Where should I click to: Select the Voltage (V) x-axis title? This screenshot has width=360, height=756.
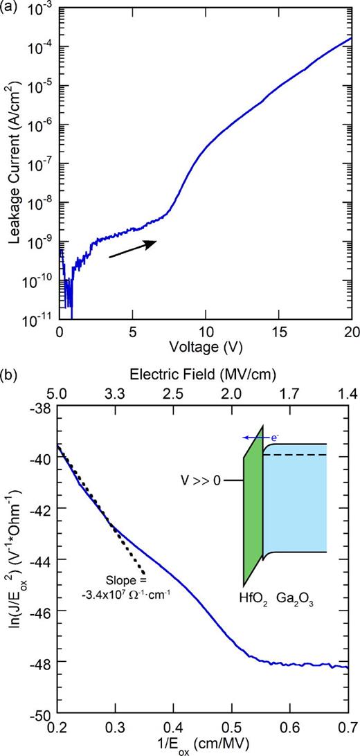click(x=204, y=344)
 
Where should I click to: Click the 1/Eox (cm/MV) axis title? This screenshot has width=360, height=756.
click(x=204, y=744)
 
